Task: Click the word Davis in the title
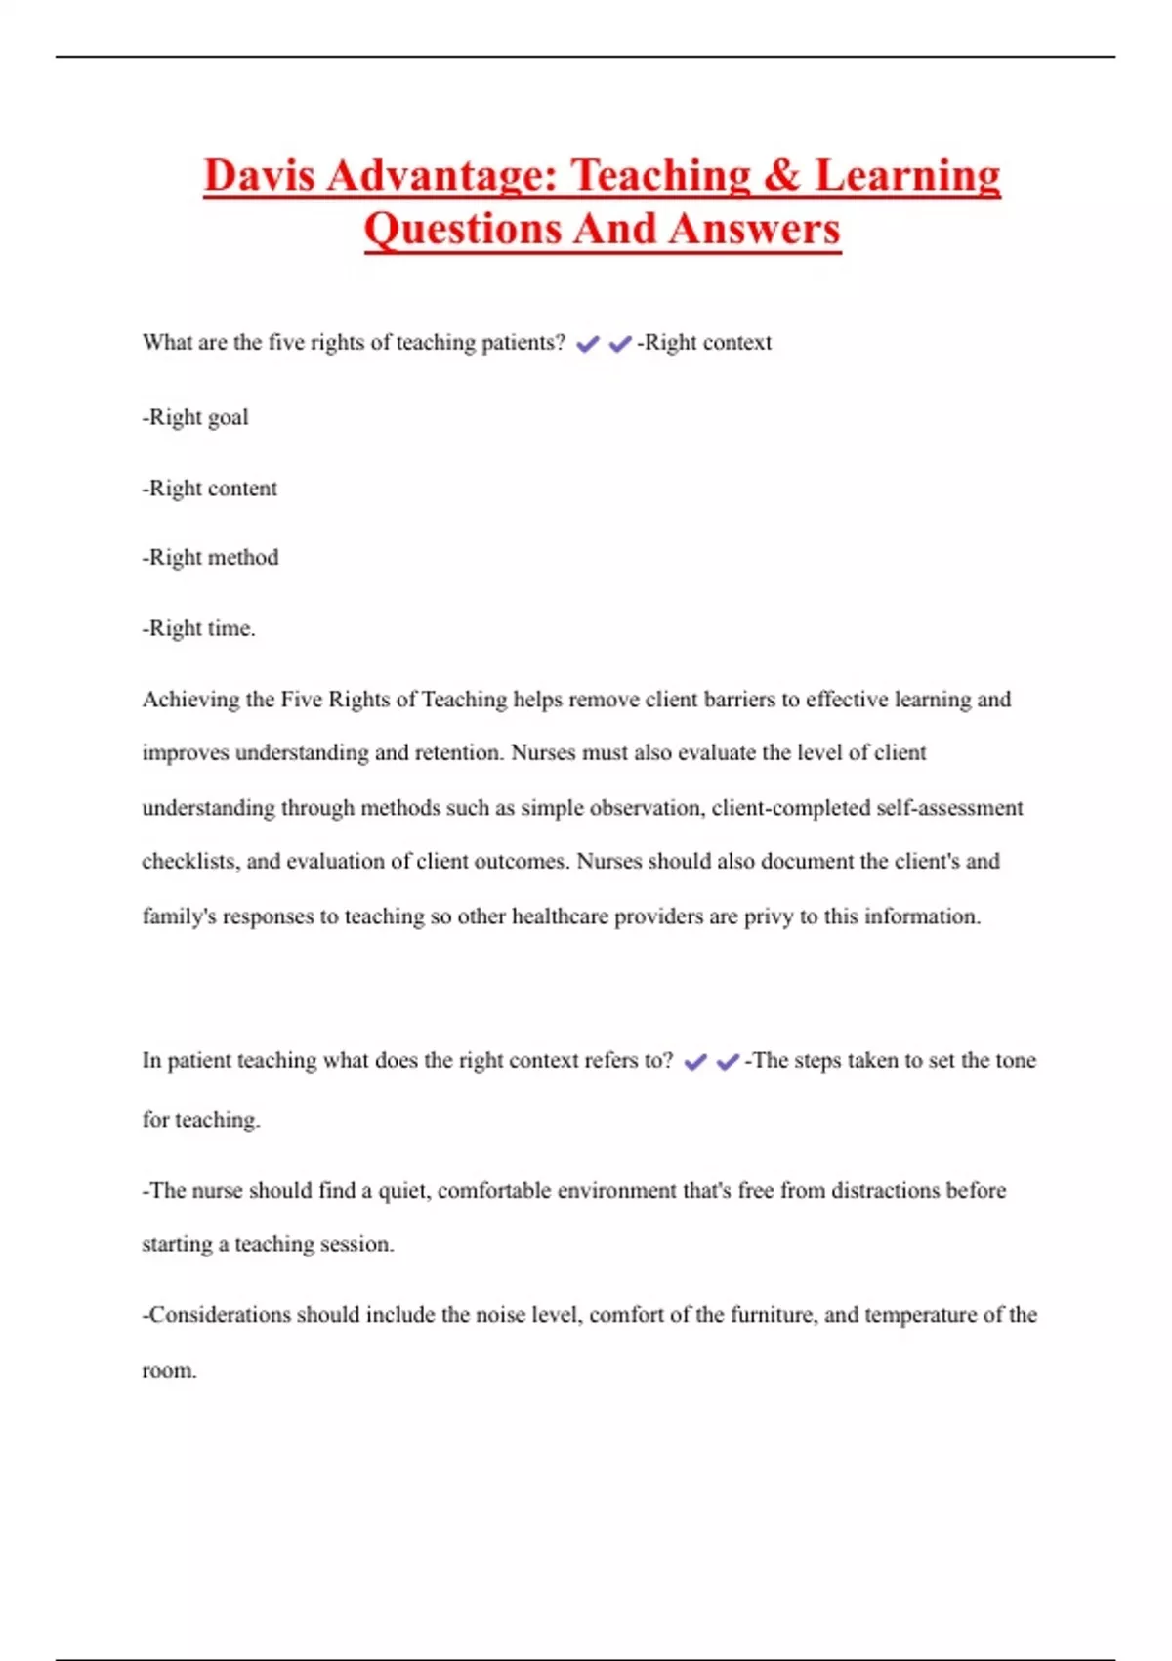click(259, 176)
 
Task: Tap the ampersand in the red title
click(781, 176)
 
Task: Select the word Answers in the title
click(755, 230)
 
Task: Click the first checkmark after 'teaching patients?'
click(587, 344)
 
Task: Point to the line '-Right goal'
click(195, 417)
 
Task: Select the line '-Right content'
click(210, 488)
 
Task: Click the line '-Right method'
click(211, 557)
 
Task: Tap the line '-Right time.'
click(199, 628)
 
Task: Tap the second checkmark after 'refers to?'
click(728, 1062)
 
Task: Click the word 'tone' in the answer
click(1014, 1060)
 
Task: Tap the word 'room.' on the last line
click(169, 1370)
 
